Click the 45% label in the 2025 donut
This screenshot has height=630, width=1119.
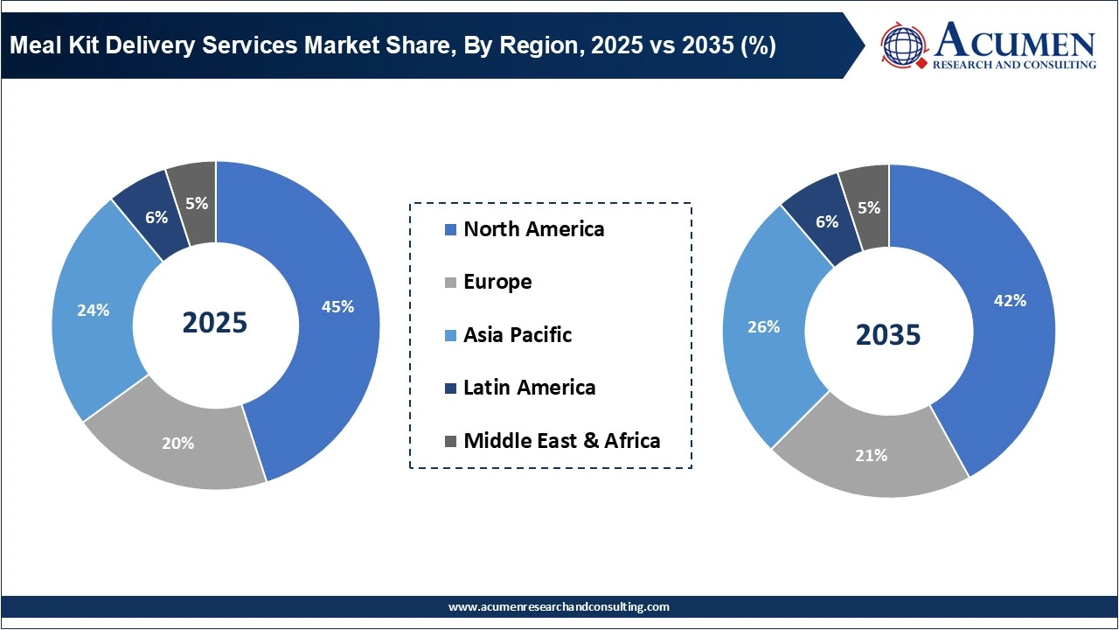pos(337,307)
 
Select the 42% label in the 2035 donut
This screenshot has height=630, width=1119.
pos(1011,300)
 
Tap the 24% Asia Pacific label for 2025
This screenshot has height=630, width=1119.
pos(93,310)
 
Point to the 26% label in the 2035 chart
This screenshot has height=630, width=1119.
pos(763,326)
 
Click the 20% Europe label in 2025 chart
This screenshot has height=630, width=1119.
pos(177,443)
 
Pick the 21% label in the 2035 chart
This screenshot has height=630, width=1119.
pos(872,455)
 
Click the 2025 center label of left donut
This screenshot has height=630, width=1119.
pos(215,323)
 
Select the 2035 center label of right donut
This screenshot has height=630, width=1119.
pos(888,334)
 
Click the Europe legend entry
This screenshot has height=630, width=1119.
pos(497,282)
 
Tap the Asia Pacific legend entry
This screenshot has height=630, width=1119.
pos(517,334)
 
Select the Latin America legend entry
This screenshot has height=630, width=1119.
pos(529,388)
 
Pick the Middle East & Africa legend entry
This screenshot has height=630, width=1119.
pos(561,440)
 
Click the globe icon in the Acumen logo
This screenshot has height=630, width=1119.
pos(904,45)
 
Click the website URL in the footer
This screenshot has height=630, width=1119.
pos(559,606)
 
